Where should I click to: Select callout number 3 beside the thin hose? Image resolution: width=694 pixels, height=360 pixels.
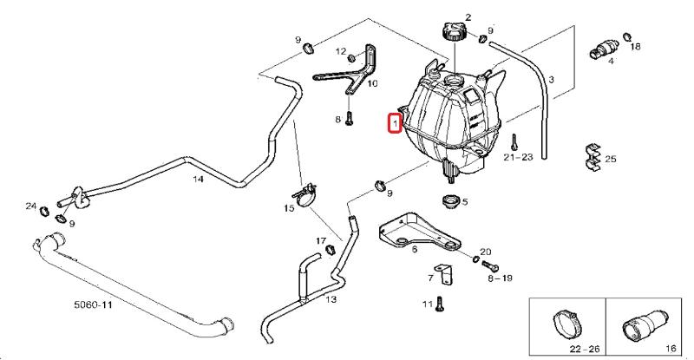tap(551, 80)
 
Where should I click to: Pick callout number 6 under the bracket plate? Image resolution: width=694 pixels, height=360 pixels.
tap(415, 250)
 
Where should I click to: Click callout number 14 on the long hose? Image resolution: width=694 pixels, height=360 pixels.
tap(198, 180)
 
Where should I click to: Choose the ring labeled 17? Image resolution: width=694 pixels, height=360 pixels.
tap(331, 252)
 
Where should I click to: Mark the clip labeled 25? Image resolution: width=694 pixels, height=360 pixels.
tap(592, 156)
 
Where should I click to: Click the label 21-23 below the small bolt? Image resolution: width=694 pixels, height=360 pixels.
tap(518, 157)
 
